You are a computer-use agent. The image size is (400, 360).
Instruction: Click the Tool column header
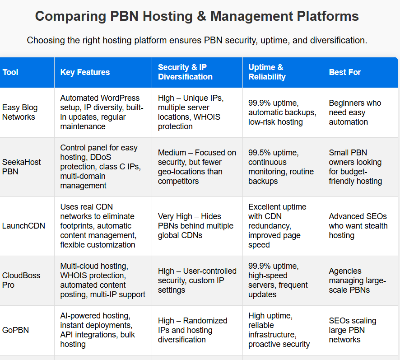click(10, 72)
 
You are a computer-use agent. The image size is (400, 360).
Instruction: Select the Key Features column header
click(85, 72)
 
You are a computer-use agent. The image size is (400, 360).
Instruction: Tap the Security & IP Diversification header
click(185, 72)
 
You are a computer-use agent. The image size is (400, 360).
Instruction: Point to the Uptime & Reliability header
click(267, 72)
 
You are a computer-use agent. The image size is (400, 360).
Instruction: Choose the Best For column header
click(345, 72)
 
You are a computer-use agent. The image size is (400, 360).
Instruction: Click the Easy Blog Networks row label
click(20, 112)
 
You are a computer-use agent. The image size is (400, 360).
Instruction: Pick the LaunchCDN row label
click(23, 226)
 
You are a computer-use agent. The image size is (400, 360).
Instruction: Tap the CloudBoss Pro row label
click(21, 281)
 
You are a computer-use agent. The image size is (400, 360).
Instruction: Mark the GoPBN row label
click(15, 330)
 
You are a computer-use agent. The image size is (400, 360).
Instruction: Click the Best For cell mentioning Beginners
click(355, 112)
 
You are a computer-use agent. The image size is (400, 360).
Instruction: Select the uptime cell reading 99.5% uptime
click(278, 167)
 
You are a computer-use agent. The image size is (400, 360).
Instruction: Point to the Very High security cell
click(195, 226)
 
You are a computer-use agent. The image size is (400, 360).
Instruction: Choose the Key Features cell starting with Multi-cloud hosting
click(102, 281)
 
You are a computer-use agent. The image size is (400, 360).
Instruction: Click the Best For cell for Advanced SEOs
click(358, 226)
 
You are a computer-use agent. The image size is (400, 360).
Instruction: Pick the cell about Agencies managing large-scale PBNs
click(357, 281)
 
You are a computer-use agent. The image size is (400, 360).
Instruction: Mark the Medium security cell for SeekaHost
click(197, 167)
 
